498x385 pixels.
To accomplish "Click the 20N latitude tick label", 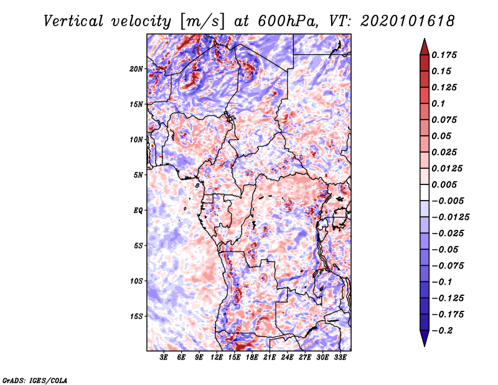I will click(x=137, y=69).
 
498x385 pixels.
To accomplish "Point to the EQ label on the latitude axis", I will click(x=138, y=210).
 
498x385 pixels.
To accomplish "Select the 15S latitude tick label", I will click(x=137, y=316).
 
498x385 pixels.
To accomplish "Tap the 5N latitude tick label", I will click(x=138, y=175).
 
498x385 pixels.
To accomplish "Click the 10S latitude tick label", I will click(x=137, y=281).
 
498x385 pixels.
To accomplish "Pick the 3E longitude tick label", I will click(x=164, y=358).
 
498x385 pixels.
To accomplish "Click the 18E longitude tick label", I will click(x=252, y=358).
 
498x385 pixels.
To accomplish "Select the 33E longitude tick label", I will click(x=341, y=358).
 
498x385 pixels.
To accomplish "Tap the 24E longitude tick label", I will click(x=288, y=358).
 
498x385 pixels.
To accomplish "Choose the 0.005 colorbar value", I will click(x=446, y=184).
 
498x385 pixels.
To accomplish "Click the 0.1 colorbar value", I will click(x=439, y=103).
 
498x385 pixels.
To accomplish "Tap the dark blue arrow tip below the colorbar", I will click(x=423, y=342).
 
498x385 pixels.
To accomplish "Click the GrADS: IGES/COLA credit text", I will click(x=34, y=379).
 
